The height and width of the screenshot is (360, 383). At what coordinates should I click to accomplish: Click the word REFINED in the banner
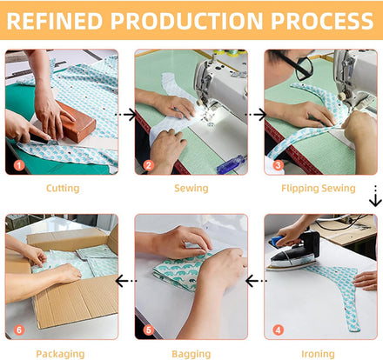55,21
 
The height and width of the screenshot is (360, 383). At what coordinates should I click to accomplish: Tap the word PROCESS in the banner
322,21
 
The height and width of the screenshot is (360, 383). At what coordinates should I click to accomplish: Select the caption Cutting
63,189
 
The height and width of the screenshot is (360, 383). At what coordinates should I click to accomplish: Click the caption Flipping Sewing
319,189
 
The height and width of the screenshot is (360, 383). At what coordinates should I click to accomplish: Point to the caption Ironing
318,354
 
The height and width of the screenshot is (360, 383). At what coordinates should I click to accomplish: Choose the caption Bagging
191,354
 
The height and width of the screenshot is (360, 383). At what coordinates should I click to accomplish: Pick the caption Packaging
60,354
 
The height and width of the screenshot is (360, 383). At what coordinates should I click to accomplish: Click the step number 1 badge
19,165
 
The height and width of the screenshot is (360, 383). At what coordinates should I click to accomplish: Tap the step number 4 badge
278,330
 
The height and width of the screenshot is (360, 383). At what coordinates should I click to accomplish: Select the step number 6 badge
19,330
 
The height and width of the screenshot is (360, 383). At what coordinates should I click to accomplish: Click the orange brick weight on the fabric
76,122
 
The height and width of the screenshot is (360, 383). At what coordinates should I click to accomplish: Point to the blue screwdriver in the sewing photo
231,164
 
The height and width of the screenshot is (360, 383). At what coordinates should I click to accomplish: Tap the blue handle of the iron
278,240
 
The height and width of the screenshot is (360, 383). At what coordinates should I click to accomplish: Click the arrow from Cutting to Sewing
126,115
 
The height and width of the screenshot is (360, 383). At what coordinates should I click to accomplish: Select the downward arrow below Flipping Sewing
375,196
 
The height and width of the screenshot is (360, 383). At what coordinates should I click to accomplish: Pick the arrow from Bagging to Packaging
126,281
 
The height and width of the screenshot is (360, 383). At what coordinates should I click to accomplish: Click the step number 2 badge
149,165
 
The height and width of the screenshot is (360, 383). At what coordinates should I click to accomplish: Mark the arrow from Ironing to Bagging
256,281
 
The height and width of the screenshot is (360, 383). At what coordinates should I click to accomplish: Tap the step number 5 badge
149,330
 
